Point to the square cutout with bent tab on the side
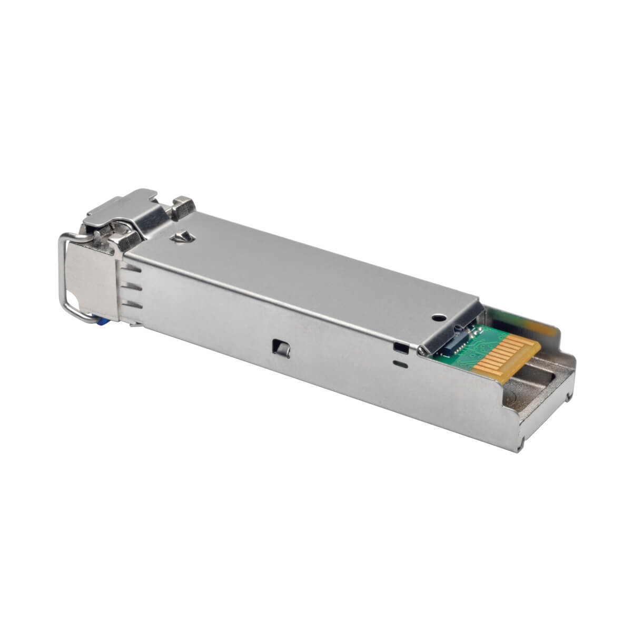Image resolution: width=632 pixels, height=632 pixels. [276, 347]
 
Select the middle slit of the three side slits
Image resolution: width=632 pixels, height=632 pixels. [132, 287]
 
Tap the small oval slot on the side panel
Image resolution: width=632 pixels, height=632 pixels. [401, 362]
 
